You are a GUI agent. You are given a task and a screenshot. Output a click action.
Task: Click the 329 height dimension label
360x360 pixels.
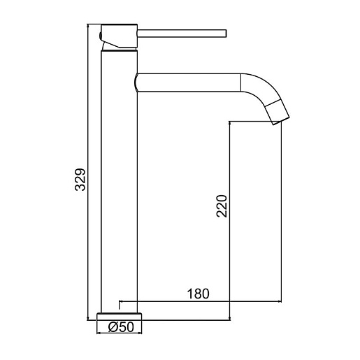[x=80, y=180]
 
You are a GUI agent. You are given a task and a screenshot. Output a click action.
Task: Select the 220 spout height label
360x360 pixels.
[x=222, y=206]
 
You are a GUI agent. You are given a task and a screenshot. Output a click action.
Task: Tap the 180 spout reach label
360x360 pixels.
[x=199, y=294]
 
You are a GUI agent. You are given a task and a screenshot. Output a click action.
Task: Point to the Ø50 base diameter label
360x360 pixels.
[x=121, y=327]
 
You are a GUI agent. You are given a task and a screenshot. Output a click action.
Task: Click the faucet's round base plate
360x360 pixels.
[x=119, y=317]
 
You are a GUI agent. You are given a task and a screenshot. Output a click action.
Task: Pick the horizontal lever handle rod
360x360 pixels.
[x=182, y=34]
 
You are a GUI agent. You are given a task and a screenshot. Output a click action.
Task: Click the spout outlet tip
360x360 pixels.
[x=281, y=120]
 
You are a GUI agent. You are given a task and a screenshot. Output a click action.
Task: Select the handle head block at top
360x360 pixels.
[x=119, y=36]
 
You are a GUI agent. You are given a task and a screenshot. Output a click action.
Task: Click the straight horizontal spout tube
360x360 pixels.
[x=188, y=82]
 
